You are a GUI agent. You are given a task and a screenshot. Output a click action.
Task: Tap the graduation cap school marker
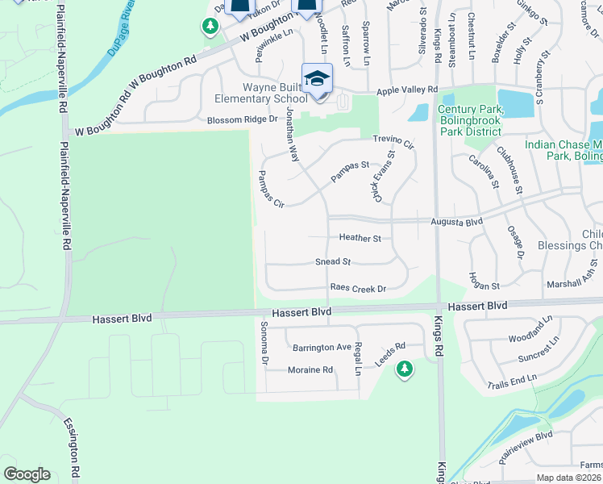tap(318, 79)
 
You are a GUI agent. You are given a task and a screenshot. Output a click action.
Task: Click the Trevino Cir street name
tap(392, 143)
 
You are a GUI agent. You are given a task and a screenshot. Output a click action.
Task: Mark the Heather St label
tap(360, 239)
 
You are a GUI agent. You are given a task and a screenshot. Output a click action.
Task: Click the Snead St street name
tap(333, 262)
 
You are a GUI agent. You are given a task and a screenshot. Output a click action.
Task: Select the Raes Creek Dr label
tap(358, 289)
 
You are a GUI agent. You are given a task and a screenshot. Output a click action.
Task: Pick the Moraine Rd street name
tap(310, 370)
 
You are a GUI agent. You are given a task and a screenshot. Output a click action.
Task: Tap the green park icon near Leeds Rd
tap(404, 369)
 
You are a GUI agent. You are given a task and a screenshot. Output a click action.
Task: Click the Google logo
tap(27, 474)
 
